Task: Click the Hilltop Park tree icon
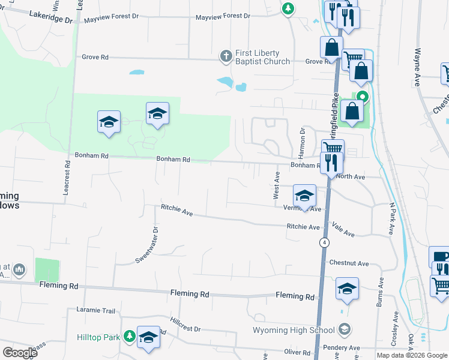[x=128, y=337]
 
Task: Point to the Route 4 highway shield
[x=324, y=242]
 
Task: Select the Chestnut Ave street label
[x=349, y=263]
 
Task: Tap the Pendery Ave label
[x=341, y=347]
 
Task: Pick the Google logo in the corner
[x=20, y=352]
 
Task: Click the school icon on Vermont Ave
[x=304, y=196]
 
